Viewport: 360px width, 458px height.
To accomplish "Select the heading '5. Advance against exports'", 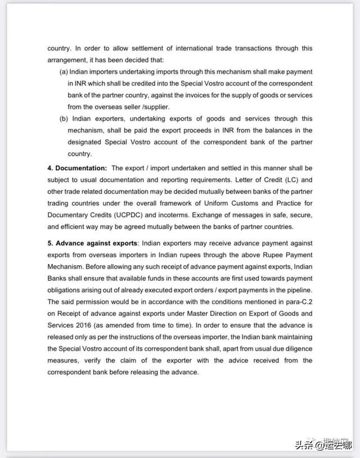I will [x=93, y=243].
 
